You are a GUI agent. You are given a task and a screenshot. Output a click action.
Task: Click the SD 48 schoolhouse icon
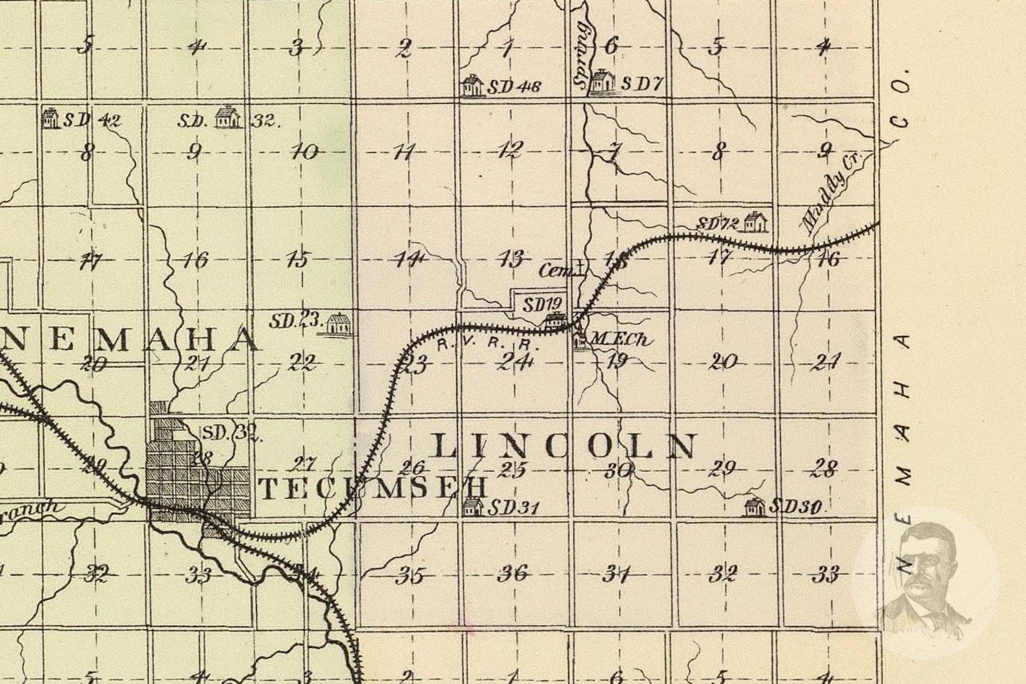(x=472, y=86)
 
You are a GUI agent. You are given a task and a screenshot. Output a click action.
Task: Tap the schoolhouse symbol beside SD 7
(x=603, y=82)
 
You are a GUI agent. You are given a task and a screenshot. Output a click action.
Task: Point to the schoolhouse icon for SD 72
(x=755, y=222)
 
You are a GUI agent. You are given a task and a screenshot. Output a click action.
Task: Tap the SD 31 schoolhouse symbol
(x=474, y=507)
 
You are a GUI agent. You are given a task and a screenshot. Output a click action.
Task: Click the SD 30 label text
(x=795, y=507)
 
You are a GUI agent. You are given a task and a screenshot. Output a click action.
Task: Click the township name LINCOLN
(x=565, y=446)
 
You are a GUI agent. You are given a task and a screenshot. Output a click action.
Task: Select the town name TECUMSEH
(x=372, y=489)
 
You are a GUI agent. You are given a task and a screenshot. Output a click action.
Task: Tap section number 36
(x=514, y=573)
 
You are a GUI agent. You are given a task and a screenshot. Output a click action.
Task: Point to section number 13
(x=511, y=260)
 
